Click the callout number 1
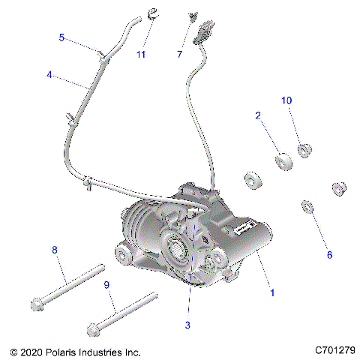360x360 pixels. pyautogui.click(x=271, y=293)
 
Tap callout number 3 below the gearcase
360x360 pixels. pyautogui.click(x=188, y=325)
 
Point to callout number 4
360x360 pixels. pyautogui.click(x=49, y=75)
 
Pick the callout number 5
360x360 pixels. pyautogui.click(x=62, y=37)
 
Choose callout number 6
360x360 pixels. pyautogui.click(x=328, y=254)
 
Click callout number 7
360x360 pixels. pyautogui.click(x=179, y=54)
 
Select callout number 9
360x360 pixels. pyautogui.click(x=106, y=285)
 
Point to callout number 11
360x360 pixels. pyautogui.click(x=140, y=54)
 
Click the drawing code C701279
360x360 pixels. pyautogui.click(x=334, y=350)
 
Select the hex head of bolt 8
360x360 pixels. pyautogui.click(x=37, y=304)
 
